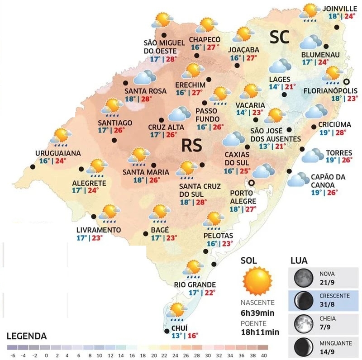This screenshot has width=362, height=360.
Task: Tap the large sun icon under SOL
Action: point(257,281)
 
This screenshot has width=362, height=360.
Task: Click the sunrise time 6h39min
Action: point(258,313)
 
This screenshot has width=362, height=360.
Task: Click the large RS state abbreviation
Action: point(191,146)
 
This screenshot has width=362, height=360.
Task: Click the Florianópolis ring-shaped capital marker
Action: point(347,82)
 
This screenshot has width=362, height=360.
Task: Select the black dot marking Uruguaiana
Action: point(33,167)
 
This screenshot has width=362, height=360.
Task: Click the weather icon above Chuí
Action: point(176,311)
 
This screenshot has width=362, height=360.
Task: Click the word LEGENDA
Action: point(26,336)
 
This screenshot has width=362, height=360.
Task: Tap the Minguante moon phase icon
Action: point(303,346)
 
